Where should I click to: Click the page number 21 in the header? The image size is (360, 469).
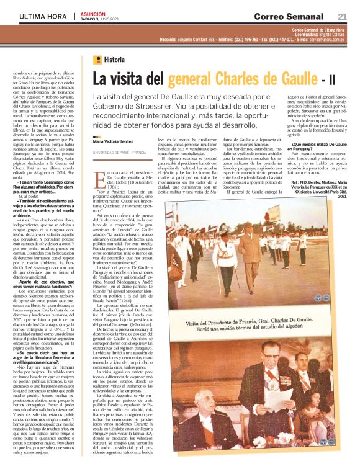[342, 16]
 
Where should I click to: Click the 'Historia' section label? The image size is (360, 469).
[114, 60]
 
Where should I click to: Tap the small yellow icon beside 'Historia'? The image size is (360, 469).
[97, 60]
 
